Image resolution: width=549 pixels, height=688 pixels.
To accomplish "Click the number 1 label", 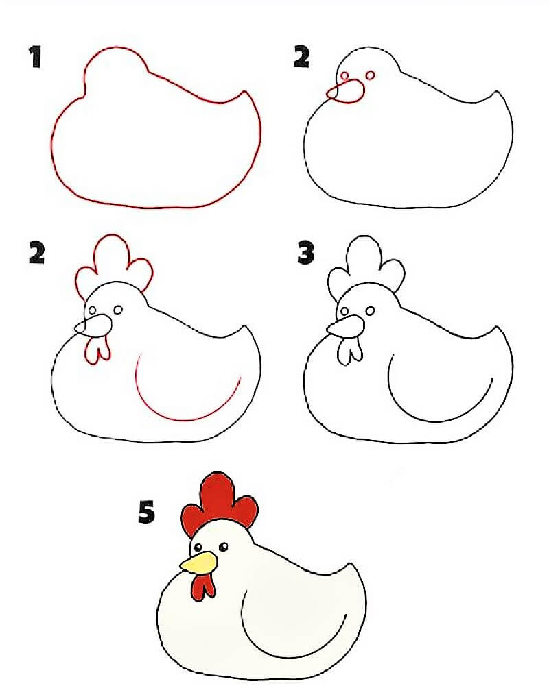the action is [x=35, y=57].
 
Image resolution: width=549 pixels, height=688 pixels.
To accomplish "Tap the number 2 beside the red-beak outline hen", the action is [x=301, y=57].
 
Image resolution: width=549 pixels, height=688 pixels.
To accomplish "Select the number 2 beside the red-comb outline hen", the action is [x=37, y=253].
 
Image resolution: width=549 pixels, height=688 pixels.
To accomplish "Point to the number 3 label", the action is [x=306, y=253].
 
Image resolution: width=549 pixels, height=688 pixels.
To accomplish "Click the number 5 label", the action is [x=147, y=513].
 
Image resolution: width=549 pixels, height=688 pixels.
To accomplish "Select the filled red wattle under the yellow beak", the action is [x=203, y=587].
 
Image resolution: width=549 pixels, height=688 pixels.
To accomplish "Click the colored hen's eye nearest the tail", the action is [x=224, y=547].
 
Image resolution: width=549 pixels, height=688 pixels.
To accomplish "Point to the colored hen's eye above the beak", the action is [x=198, y=548].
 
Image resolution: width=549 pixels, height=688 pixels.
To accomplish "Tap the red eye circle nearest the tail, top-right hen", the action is [x=370, y=75].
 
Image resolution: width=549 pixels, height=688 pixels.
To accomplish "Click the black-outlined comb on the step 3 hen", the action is [x=366, y=266].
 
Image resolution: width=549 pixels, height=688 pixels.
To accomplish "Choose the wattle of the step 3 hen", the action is [x=350, y=351].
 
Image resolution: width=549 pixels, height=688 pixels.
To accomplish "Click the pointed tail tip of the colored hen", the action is [x=350, y=563].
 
